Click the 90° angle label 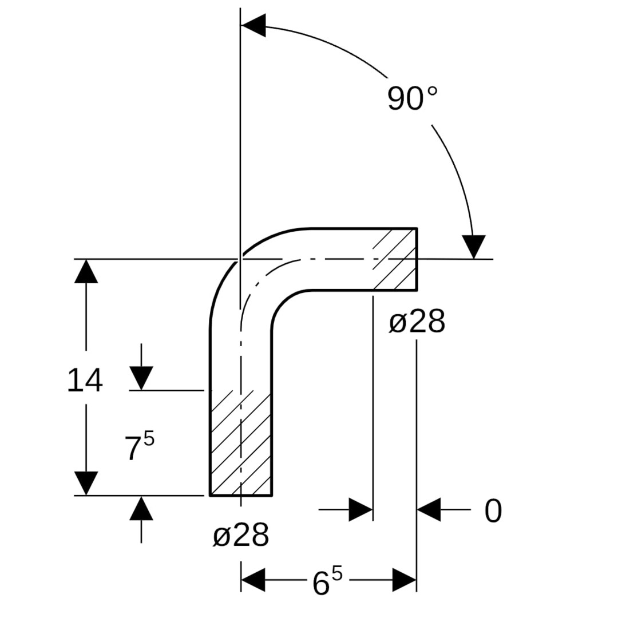point(412,98)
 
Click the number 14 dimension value point(85,381)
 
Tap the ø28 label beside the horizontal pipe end point(417,321)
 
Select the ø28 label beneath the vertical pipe point(241,535)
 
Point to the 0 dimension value point(493,510)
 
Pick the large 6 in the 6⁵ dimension point(321,584)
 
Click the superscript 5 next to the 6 point(337,575)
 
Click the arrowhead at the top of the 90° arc point(253,26)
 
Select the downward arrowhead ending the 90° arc point(474,247)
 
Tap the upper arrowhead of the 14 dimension point(86,271)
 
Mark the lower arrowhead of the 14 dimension point(86,483)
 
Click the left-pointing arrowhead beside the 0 point(429,509)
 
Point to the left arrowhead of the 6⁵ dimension point(253,580)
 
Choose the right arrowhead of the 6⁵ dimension point(405,580)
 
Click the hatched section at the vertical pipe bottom point(241,443)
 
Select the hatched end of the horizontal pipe point(395,259)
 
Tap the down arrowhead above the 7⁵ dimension point(141,378)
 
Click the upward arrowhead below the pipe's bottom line point(141,509)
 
